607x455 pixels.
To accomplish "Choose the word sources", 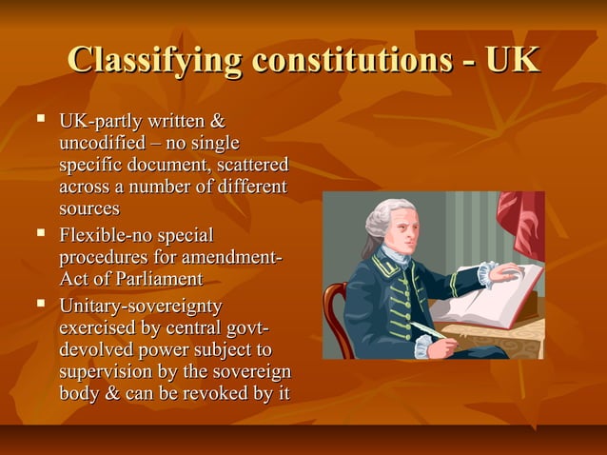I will coord(89,208).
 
